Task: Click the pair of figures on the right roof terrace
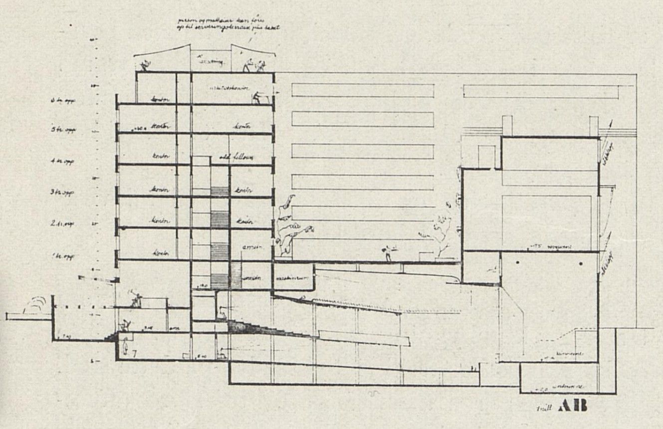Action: pos(252,65)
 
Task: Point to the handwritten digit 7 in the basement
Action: pos(135,353)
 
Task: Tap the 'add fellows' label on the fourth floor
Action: pos(236,158)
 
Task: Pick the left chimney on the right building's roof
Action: pos(507,125)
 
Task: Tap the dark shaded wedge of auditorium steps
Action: pos(249,328)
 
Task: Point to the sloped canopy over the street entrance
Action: pos(97,279)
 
